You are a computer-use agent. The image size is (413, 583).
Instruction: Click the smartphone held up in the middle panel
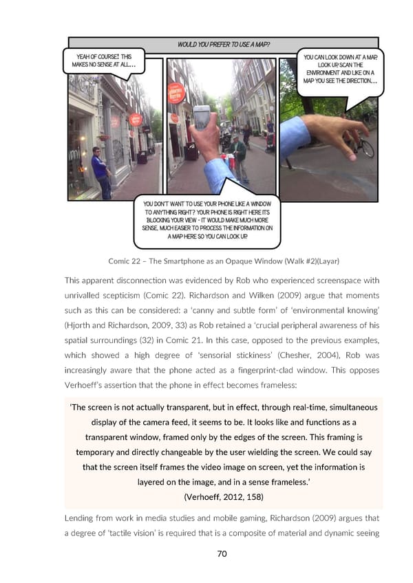(x=202, y=117)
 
